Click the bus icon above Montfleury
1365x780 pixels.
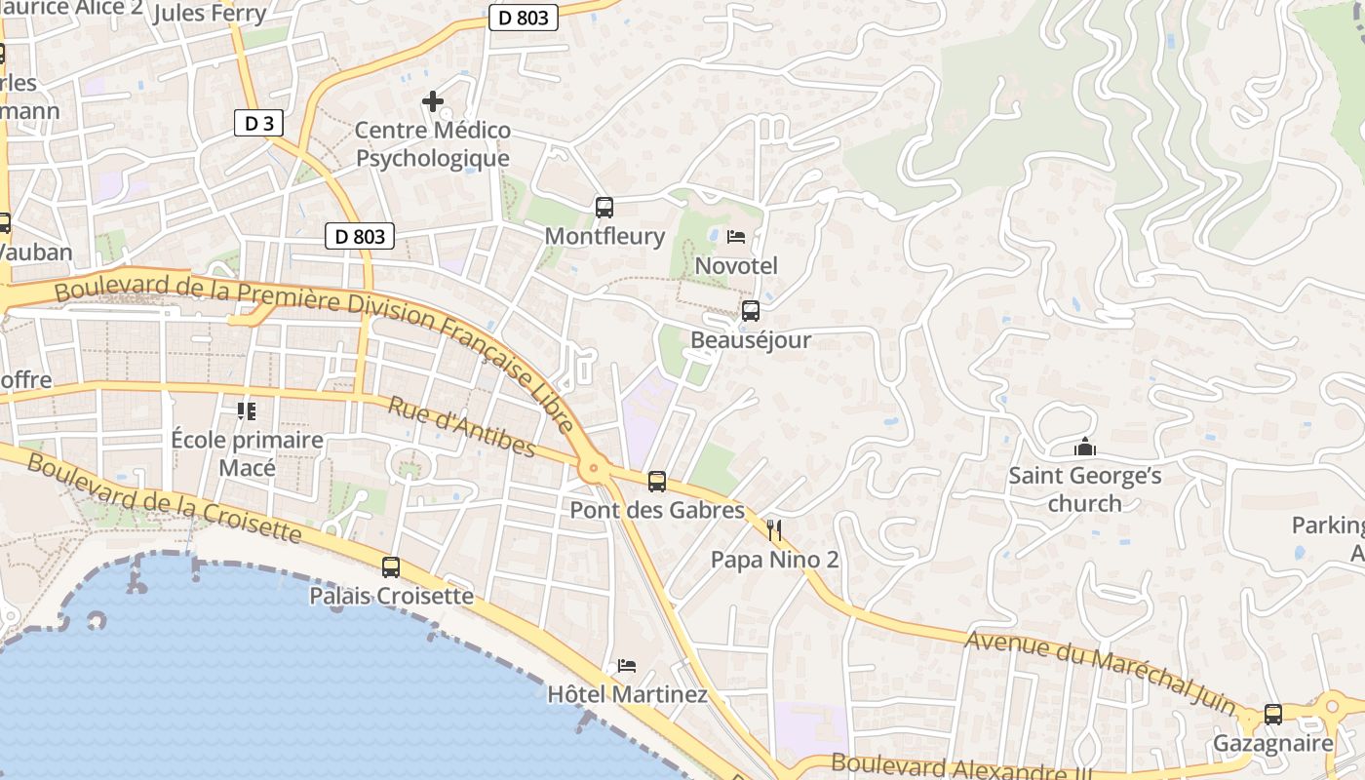click(x=604, y=207)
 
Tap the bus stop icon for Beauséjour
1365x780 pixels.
click(x=750, y=311)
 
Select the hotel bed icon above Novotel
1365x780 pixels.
click(x=736, y=237)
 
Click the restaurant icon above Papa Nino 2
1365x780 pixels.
click(x=774, y=530)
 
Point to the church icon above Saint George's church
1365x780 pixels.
click(x=1084, y=448)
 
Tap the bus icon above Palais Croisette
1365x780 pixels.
click(x=391, y=566)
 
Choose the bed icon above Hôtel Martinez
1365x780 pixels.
click(x=626, y=666)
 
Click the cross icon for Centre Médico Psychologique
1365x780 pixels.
click(x=433, y=100)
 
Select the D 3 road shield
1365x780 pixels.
click(x=259, y=123)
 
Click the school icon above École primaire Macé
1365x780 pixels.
click(x=247, y=411)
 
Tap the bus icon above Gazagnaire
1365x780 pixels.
click(x=1272, y=715)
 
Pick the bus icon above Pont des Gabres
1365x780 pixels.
click(x=657, y=481)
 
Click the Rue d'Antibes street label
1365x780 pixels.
click(x=462, y=427)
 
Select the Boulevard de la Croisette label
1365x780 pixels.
click(x=164, y=497)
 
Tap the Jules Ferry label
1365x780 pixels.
click(x=210, y=13)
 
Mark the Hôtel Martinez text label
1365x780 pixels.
click(x=627, y=694)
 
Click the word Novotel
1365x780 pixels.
click(x=736, y=265)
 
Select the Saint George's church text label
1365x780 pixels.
click(x=1084, y=489)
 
